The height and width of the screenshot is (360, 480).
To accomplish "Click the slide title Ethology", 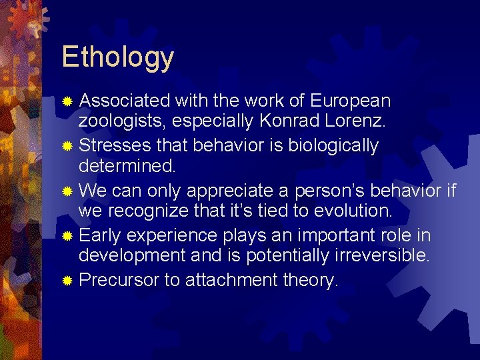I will [117, 57].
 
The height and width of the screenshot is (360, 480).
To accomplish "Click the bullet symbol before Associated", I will [67, 101].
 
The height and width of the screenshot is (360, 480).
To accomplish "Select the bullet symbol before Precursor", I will [67, 281].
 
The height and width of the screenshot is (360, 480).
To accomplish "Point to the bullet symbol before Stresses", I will [67, 146].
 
